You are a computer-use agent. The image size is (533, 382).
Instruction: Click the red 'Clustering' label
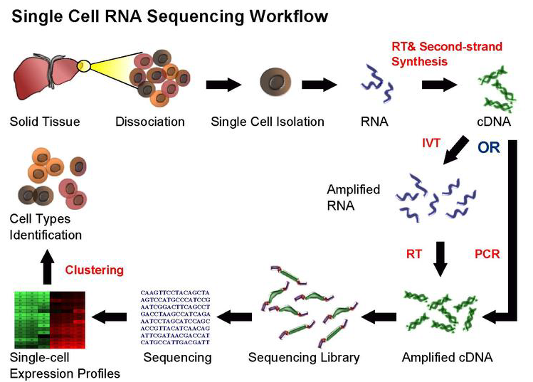point(94,270)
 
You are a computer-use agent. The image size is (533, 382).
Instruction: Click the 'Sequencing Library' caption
point(304,357)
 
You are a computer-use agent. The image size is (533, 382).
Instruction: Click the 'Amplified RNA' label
point(353,197)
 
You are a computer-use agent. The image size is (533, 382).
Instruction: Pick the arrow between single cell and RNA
point(320,84)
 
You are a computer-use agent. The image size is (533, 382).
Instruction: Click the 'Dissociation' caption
point(149,122)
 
